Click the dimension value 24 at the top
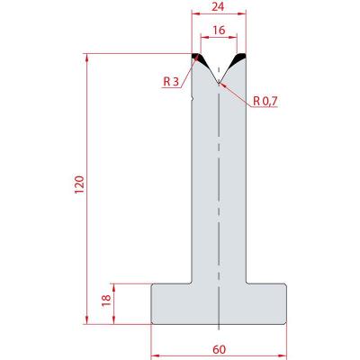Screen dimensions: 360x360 point(218,6)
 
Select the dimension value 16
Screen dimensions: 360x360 point(219,30)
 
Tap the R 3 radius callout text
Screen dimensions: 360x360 point(171,81)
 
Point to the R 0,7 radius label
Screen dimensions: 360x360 point(265,102)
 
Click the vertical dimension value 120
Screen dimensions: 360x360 point(80,184)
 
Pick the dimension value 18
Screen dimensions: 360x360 point(106,301)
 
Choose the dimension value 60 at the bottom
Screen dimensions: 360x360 point(220,349)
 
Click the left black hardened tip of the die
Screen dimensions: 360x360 point(200,58)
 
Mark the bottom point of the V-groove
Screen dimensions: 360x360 point(219,83)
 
